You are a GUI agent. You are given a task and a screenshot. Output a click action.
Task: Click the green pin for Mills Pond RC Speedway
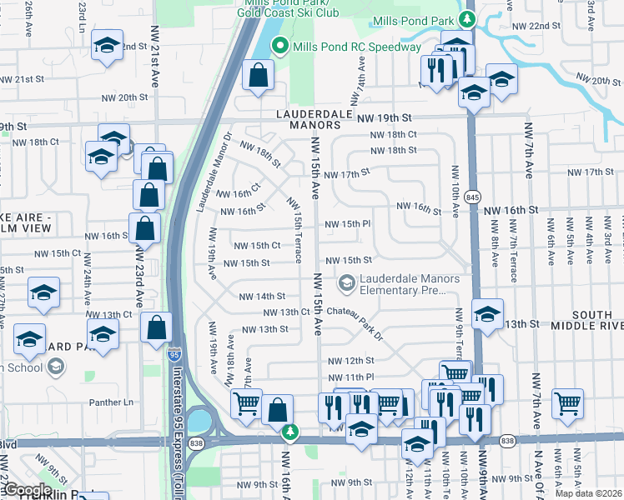281,47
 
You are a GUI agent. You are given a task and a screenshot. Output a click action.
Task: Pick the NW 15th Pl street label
347,224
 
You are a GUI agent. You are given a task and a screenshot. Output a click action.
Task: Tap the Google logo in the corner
28,490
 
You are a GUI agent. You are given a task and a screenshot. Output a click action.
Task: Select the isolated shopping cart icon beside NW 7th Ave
568,403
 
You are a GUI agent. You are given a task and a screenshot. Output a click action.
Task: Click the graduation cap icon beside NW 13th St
487,313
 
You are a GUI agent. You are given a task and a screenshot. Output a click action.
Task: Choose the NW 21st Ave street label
155,67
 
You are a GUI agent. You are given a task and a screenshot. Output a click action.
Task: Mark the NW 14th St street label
262,296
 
